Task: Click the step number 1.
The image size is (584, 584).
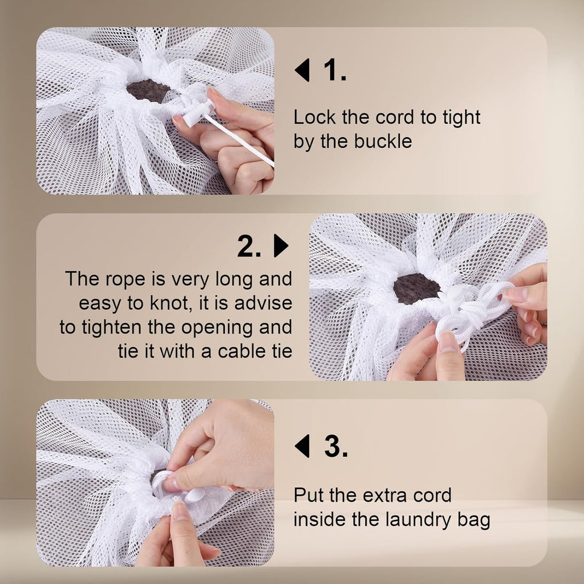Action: (335, 70)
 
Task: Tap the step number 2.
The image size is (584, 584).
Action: (250, 246)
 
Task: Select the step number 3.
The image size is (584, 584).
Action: (335, 446)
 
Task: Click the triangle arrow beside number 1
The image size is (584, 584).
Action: (302, 70)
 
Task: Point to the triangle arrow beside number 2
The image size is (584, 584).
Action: (281, 246)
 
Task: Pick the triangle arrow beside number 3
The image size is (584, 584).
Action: (302, 446)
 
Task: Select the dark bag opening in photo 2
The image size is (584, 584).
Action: (416, 289)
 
